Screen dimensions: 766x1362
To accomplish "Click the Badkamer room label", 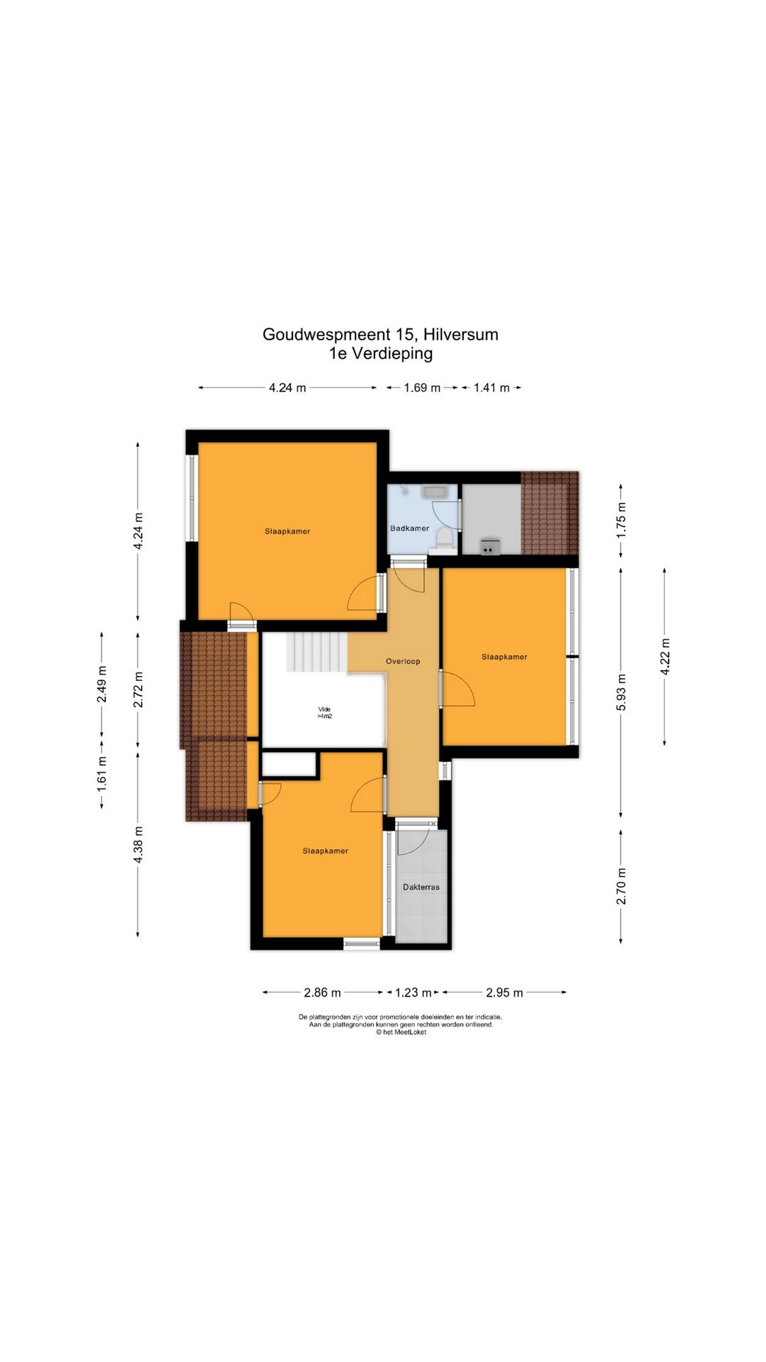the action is pos(409,528).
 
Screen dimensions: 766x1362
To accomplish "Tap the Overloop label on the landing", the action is pos(403,661).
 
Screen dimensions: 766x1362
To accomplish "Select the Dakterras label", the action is pos(421,887).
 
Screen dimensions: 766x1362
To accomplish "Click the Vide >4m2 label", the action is pos(324,713).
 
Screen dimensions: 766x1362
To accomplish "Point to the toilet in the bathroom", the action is pos(445,539).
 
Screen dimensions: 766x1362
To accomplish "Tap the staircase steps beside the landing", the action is pos(317,653).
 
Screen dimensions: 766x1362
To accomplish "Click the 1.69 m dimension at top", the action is pos(422,388).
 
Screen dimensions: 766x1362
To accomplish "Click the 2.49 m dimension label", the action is pos(102,685).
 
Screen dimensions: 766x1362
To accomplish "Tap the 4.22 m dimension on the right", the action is pos(665,656).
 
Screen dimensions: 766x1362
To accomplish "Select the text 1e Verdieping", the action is pos(381,353).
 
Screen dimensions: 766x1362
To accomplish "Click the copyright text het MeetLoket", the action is pos(406,1032).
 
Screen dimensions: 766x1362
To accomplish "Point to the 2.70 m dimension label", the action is pos(621,887).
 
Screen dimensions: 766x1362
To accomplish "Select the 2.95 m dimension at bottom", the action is pos(504,992).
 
